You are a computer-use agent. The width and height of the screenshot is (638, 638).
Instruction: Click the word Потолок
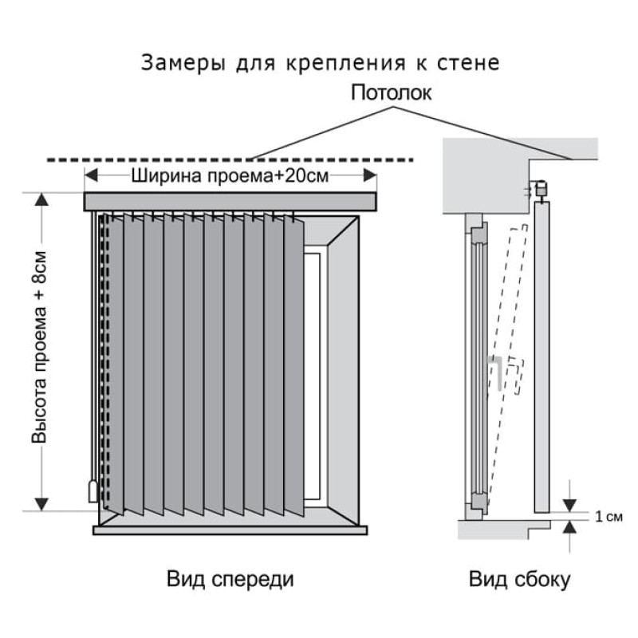[392, 93]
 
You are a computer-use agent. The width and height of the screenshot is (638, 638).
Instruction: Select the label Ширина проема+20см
[230, 177]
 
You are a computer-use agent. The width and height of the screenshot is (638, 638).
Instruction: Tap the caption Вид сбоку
[519, 579]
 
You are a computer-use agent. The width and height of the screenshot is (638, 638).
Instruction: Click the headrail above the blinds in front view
[230, 201]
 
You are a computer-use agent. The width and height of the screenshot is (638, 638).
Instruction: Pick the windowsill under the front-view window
[230, 529]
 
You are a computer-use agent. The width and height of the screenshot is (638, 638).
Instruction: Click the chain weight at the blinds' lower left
[93, 490]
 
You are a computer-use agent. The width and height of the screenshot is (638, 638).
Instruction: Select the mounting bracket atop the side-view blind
[540, 190]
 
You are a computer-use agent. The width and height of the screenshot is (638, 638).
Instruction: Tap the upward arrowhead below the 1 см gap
[570, 527]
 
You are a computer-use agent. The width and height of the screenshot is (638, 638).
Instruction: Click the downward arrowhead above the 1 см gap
[570, 504]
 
